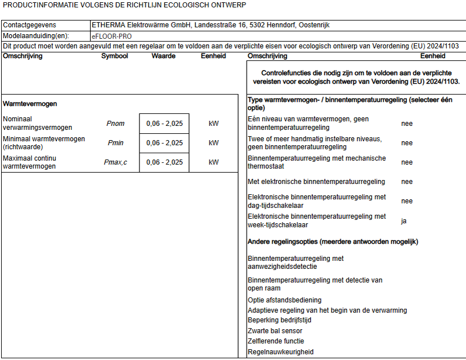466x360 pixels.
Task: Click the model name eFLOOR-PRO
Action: coord(112,36)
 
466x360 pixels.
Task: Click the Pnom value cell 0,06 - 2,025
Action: coord(164,124)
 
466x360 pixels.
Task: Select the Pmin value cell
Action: coord(164,143)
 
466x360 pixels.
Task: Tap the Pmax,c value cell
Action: coord(164,162)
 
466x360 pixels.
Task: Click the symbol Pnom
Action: coord(115,124)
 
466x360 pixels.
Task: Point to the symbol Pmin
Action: coord(115,143)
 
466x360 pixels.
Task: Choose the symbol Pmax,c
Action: coord(115,162)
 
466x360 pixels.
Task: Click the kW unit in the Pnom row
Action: coord(214,124)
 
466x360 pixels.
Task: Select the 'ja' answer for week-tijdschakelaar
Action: coord(404,220)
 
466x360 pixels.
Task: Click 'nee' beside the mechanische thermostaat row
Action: coord(407,162)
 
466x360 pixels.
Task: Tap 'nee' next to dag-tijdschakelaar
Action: coord(407,201)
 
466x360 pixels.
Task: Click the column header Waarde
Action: coord(163,56)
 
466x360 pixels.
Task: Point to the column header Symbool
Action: coord(115,56)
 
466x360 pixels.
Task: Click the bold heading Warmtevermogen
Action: coord(30,104)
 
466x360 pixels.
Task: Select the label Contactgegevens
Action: coord(30,25)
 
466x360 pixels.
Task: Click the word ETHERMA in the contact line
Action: coord(108,25)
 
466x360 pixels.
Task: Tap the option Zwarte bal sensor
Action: coord(275,331)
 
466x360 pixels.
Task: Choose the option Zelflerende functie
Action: coord(276,341)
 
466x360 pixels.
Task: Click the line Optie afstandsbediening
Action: coord(285,300)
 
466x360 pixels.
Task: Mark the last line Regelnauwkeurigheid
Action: coord(281,352)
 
